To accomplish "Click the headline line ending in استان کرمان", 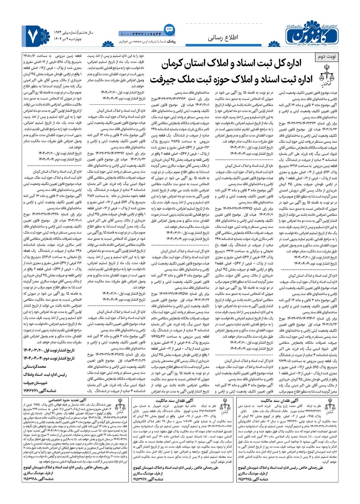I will [x=235, y=63].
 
